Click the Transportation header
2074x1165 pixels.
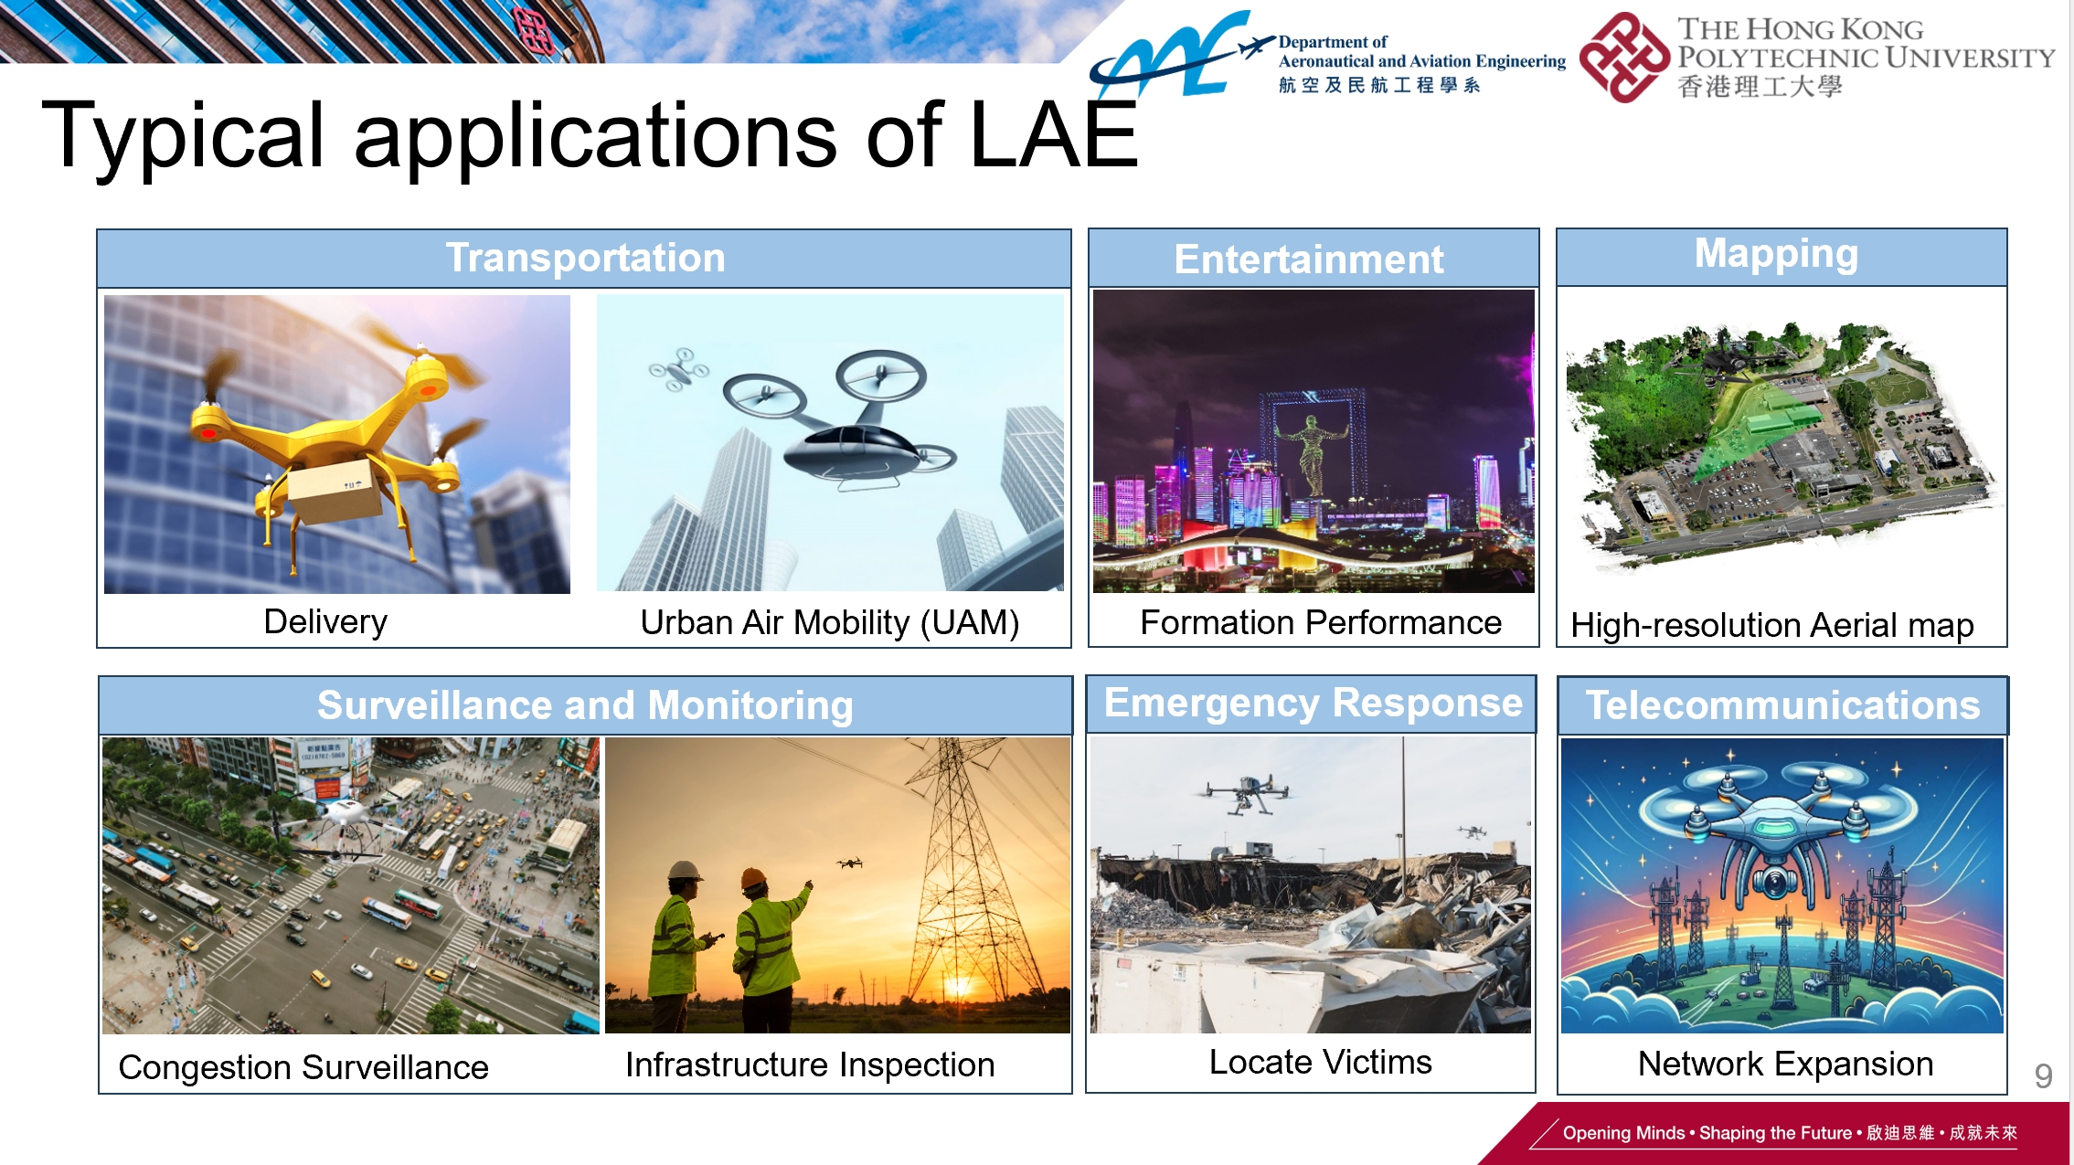(x=585, y=258)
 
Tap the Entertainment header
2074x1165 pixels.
(x=1309, y=259)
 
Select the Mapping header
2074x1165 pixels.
(x=1777, y=254)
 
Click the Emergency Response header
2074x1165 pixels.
(x=1314, y=703)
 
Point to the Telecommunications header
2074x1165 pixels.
(x=1782, y=705)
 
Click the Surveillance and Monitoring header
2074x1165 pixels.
(x=585, y=706)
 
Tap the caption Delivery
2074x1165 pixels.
(x=325, y=622)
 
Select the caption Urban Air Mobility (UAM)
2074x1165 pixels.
(x=830, y=623)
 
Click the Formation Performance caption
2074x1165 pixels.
(x=1321, y=622)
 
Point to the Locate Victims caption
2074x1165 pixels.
(x=1321, y=1062)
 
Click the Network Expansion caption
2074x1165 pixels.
(x=1785, y=1064)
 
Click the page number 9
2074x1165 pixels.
(x=2044, y=1076)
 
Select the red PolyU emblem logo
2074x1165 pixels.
(x=1624, y=57)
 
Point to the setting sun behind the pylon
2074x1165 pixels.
(x=959, y=986)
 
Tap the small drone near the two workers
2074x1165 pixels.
(x=850, y=863)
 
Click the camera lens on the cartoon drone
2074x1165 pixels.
(x=1774, y=883)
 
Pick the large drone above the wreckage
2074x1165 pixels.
(x=1243, y=793)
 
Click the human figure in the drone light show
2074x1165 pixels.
(x=1313, y=452)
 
